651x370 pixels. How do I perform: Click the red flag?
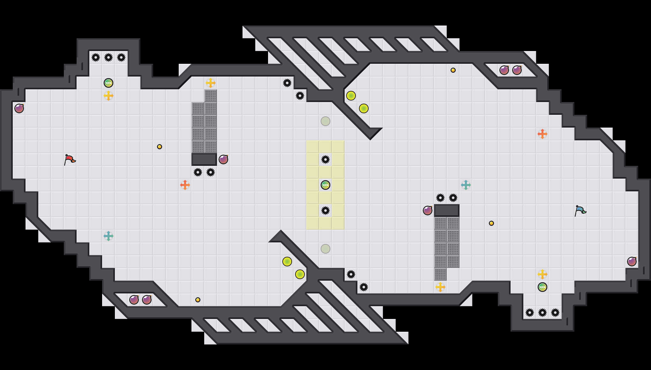(69, 159)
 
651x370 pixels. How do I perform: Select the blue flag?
(580, 211)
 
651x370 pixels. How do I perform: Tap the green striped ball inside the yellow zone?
(325, 185)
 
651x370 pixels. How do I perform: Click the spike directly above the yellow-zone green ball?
(325, 159)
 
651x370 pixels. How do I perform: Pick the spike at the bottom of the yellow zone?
(325, 211)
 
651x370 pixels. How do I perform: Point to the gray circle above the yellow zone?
(325, 121)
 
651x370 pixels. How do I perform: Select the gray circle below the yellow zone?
(325, 249)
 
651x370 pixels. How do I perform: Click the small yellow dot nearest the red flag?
(160, 147)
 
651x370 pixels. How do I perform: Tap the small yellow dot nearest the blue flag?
(491, 223)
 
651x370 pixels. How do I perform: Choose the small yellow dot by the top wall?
(453, 70)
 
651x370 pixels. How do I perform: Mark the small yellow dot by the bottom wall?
(198, 300)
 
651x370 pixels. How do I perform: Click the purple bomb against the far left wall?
(19, 108)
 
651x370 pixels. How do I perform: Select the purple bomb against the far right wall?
(632, 262)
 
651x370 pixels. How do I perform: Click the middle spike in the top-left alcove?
(108, 57)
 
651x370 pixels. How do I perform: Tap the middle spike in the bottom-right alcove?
(542, 313)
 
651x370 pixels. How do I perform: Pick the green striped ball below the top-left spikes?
(108, 83)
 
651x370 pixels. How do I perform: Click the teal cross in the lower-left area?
(108, 236)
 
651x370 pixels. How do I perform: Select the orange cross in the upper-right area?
(542, 134)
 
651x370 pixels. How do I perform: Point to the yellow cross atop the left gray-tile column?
(211, 83)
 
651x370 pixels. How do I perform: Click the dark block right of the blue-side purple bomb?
(447, 211)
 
